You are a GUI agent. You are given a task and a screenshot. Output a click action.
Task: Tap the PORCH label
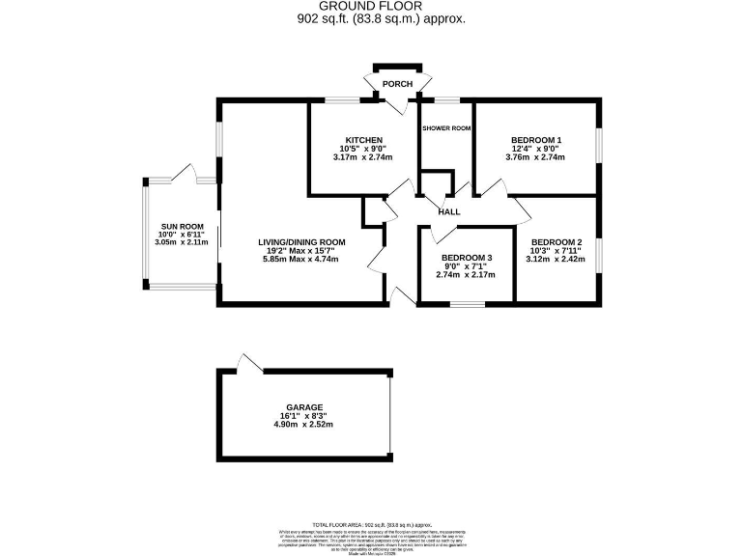pyautogui.click(x=397, y=85)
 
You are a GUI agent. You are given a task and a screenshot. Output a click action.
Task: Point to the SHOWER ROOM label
pyautogui.click(x=446, y=129)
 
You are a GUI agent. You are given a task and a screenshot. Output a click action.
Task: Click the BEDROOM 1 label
pyautogui.click(x=536, y=140)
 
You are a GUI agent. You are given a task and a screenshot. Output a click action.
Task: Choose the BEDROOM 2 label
pyautogui.click(x=556, y=241)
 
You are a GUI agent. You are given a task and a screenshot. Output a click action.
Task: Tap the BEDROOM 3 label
pyautogui.click(x=467, y=258)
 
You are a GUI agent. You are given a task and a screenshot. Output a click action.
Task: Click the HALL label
pyautogui.click(x=449, y=211)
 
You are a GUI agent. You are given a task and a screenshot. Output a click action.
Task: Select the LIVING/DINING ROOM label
pyautogui.click(x=300, y=241)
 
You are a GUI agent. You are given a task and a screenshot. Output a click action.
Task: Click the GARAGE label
pyautogui.click(x=304, y=407)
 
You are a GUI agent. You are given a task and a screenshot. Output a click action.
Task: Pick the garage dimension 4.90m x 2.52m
pyautogui.click(x=304, y=425)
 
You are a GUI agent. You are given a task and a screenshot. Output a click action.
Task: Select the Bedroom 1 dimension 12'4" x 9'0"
pyautogui.click(x=536, y=149)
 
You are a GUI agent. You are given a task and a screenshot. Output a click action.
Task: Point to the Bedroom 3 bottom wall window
pyautogui.click(x=466, y=304)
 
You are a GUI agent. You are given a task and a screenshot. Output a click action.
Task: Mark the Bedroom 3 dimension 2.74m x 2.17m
pyautogui.click(x=467, y=275)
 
